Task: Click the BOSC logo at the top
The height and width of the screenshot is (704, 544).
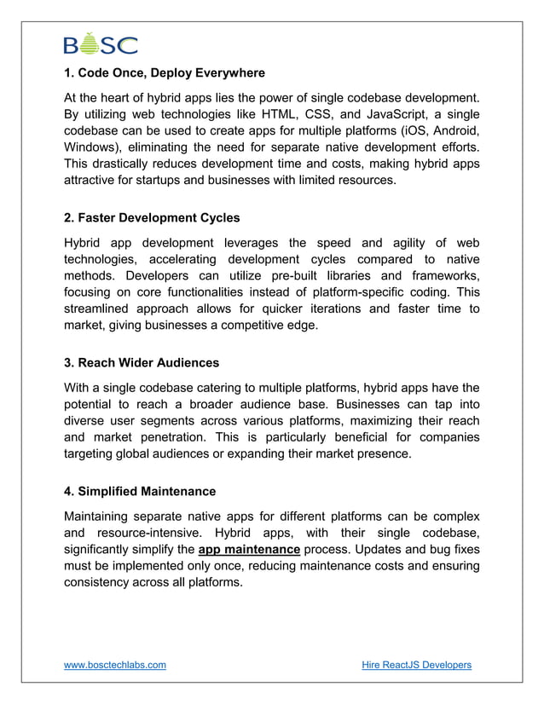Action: (100, 43)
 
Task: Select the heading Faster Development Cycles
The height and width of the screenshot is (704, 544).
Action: (152, 217)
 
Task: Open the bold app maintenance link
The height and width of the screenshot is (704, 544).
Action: (249, 550)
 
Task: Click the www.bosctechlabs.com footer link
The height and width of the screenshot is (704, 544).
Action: (115, 665)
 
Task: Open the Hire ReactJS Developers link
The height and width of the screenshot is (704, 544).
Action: (416, 665)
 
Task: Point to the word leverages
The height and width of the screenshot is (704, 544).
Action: (255, 242)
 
